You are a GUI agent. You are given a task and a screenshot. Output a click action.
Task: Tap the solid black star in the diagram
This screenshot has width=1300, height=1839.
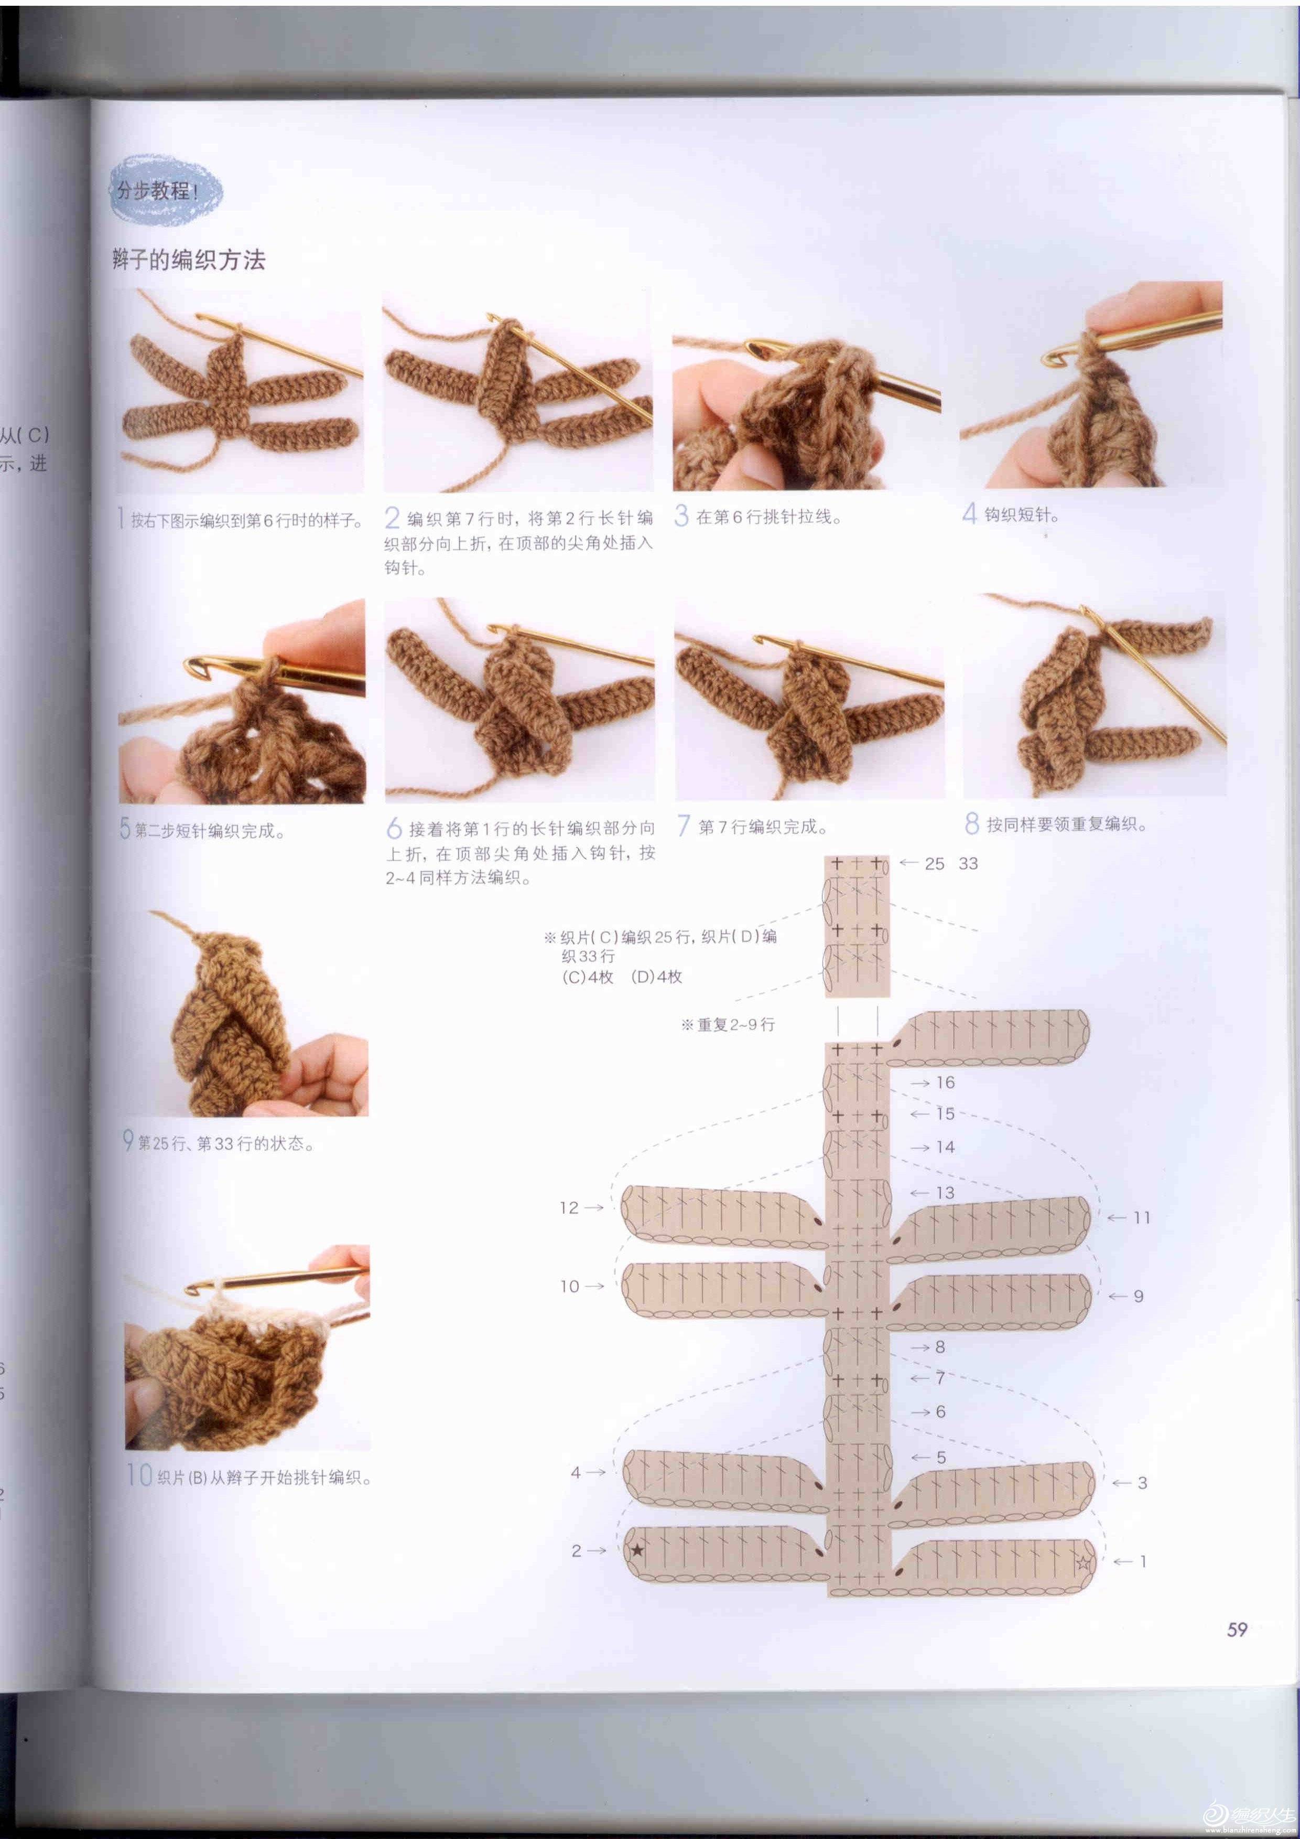click(637, 1551)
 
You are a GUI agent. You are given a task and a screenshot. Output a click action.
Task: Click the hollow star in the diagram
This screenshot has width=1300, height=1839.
click(1083, 1562)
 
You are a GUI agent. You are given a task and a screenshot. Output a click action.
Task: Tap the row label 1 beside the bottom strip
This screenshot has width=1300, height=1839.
click(1143, 1561)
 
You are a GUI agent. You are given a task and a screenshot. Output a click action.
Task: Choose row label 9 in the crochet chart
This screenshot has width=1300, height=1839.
click(1139, 1296)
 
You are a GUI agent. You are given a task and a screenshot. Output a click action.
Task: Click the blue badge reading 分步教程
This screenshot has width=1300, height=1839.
click(165, 191)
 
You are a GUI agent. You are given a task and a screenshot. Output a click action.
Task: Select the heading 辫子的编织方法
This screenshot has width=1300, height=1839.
click(188, 260)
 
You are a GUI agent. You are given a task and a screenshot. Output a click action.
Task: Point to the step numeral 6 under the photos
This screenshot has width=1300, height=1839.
click(394, 828)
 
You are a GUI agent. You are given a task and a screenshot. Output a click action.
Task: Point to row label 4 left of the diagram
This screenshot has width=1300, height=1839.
click(576, 1472)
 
